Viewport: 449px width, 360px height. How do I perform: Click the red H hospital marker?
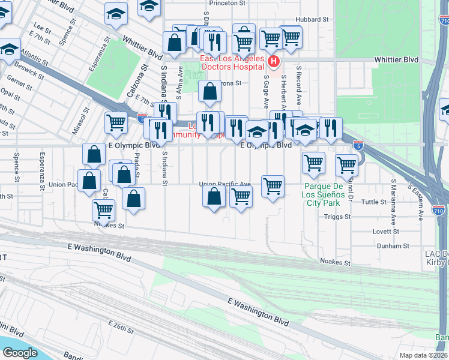click(274, 61)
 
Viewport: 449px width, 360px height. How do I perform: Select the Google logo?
click(20, 352)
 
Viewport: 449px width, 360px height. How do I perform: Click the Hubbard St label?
click(312, 19)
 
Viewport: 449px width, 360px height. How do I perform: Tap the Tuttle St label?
click(375, 202)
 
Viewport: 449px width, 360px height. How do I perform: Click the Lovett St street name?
click(385, 231)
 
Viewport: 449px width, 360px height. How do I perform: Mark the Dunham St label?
click(393, 246)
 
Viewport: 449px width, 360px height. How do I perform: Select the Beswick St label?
click(29, 70)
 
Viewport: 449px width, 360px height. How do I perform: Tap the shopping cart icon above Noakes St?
click(104, 210)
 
